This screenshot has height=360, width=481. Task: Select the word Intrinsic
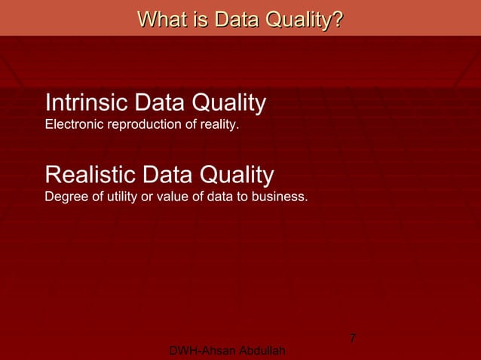pos(86,102)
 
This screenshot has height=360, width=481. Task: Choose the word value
pos(170,197)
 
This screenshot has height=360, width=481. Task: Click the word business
pos(279,197)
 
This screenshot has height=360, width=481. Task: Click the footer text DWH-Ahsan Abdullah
pos(228,352)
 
